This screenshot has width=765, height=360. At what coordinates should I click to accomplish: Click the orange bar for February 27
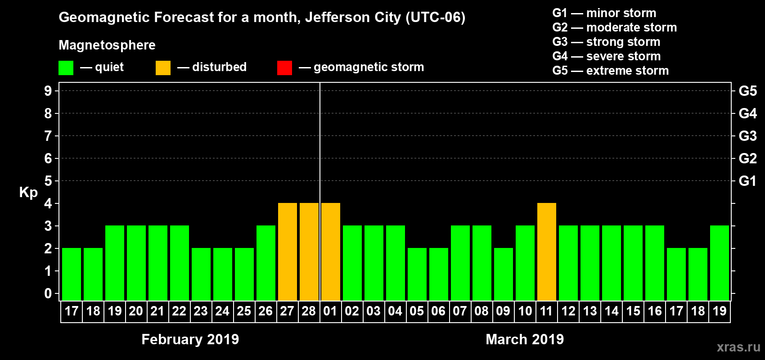coord(288,252)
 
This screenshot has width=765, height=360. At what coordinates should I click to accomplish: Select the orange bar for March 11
coord(547,252)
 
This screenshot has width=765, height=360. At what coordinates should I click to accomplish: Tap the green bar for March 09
coord(504,274)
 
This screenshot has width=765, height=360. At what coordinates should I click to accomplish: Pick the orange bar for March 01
coord(331,252)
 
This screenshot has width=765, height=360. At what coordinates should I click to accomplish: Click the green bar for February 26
coord(266,263)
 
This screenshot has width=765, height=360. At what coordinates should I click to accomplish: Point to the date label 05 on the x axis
coord(417,311)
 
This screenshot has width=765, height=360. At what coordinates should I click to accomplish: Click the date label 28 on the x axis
coord(309,311)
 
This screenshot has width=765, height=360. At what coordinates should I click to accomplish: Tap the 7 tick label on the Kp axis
coord(48,136)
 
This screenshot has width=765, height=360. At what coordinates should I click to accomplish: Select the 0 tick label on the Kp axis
coord(48,293)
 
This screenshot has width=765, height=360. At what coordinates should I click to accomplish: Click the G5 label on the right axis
coord(747,91)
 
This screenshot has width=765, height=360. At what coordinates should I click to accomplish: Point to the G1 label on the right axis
coord(747,181)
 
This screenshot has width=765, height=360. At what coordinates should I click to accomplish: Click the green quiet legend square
coord(66,68)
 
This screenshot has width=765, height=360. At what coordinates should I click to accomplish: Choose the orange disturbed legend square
coord(163,68)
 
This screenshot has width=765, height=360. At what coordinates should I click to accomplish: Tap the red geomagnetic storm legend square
coord(284,68)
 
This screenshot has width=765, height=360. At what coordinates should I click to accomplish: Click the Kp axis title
coord(28,192)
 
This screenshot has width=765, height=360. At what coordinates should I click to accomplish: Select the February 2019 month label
coord(190,339)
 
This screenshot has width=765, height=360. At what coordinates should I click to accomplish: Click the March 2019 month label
coord(525,339)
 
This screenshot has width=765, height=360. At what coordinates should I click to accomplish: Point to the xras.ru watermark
coord(738,347)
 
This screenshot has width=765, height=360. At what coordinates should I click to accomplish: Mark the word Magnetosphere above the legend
coord(107,45)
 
